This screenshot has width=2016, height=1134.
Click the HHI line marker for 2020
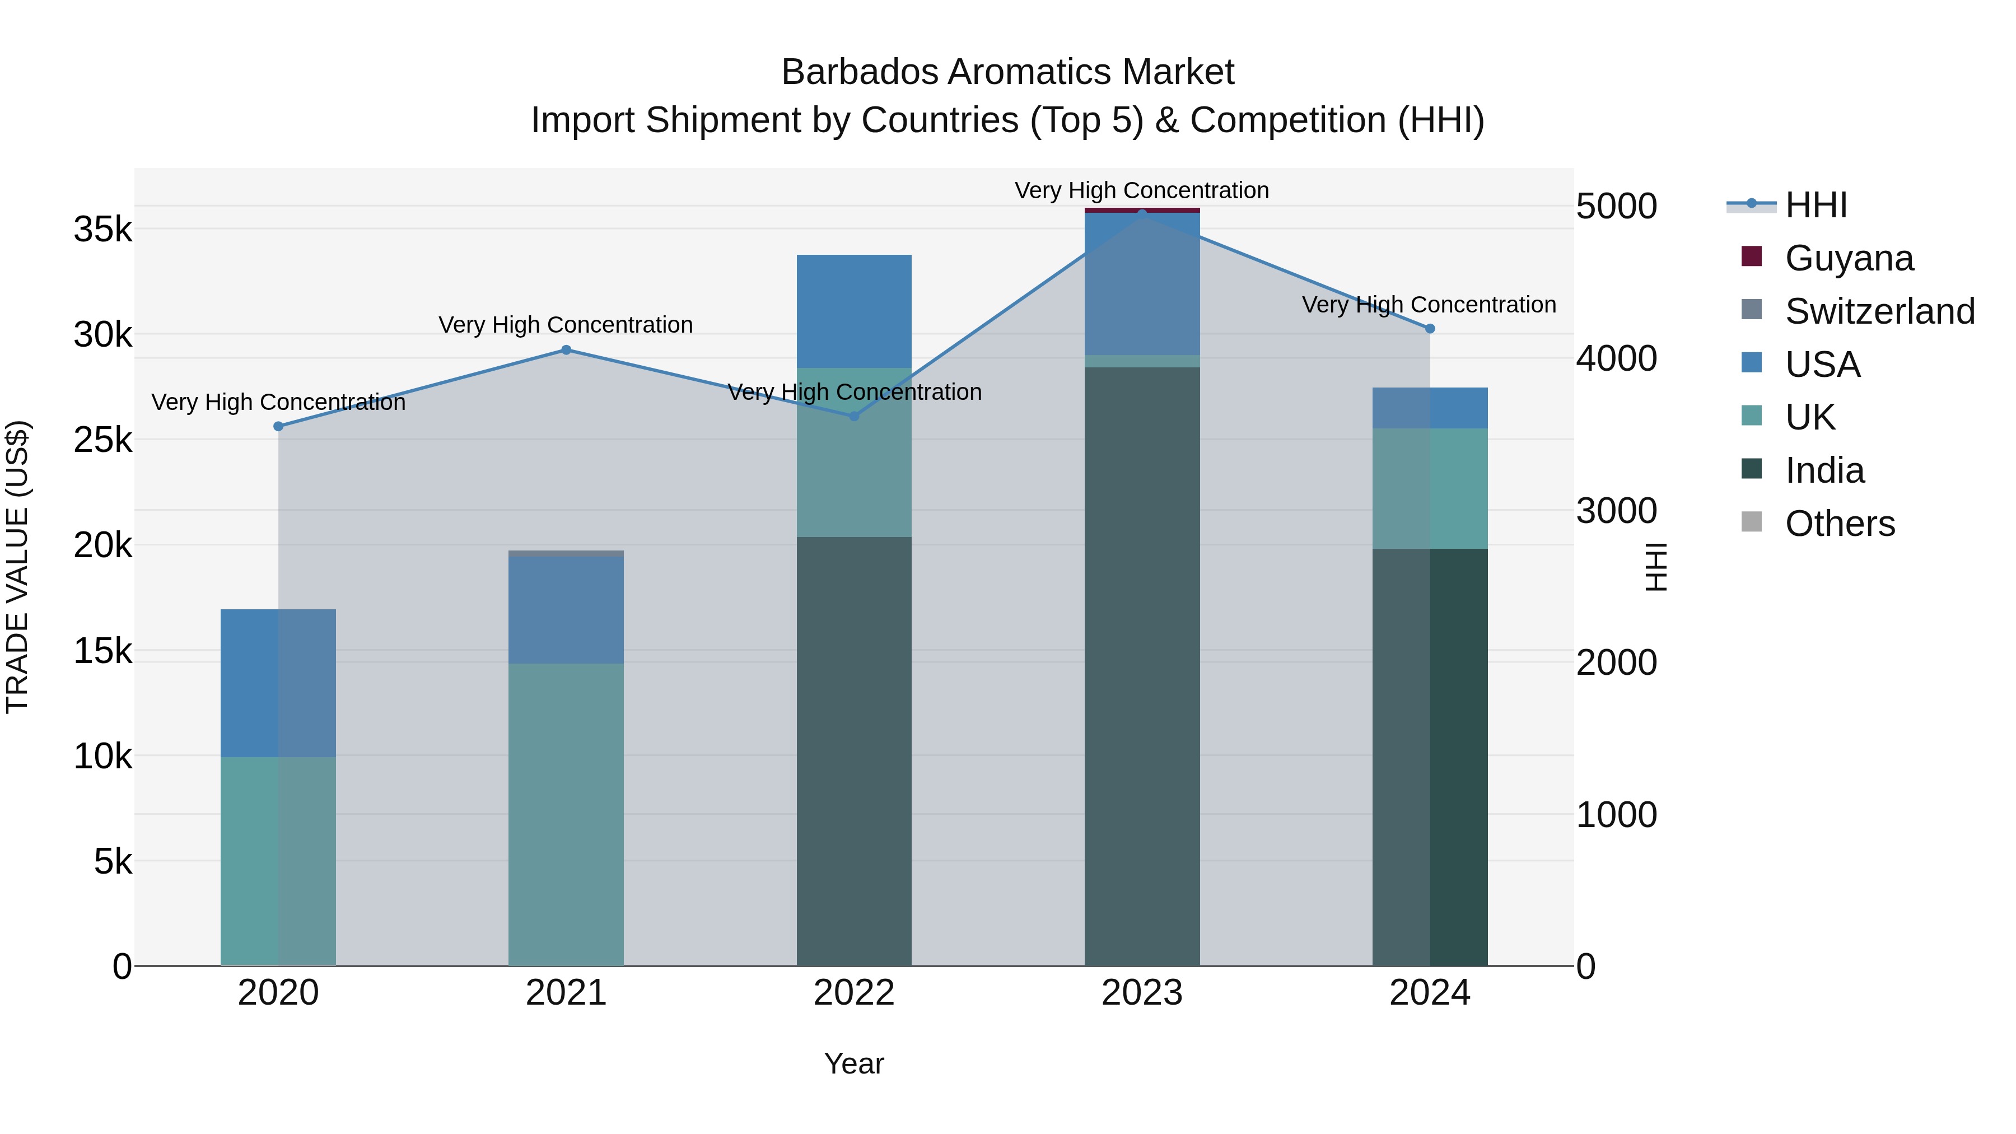279,427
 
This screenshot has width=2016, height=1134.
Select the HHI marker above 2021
567,350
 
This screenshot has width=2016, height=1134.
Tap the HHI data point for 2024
1430,329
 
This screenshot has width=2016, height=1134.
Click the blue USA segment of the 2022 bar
854,311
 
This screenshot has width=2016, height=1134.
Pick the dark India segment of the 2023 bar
1142,665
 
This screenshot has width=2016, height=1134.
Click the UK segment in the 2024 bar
1430,488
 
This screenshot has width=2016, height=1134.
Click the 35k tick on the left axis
102,230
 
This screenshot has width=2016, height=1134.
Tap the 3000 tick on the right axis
1616,511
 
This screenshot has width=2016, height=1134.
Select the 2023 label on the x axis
1142,993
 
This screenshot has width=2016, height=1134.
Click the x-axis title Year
854,1063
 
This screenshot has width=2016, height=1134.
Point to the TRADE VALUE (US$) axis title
18,567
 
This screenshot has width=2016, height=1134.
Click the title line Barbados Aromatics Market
1007,72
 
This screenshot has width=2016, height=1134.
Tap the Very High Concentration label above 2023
1142,190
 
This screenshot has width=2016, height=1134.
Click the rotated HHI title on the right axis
1655,567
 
